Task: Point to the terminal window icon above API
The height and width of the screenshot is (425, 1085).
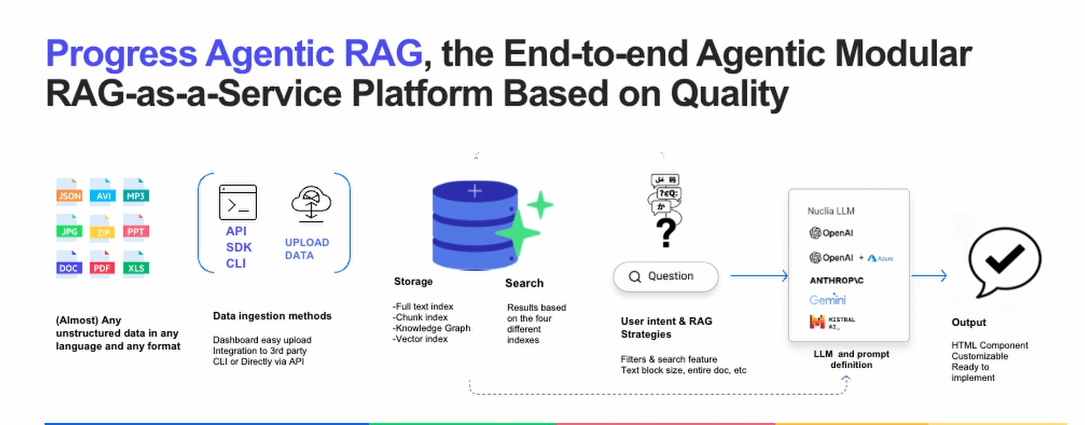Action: (x=238, y=202)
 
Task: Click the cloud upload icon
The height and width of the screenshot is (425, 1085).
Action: (x=311, y=204)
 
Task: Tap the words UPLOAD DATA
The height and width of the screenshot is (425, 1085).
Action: (x=307, y=248)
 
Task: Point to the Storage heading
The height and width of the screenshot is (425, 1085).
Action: (x=413, y=281)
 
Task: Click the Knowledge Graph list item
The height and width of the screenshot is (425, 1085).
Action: (x=432, y=328)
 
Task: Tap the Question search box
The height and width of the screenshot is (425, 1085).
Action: (x=665, y=277)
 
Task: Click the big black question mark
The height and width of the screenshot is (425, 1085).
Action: (x=666, y=233)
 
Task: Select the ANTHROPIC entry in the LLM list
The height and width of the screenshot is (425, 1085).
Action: (x=836, y=281)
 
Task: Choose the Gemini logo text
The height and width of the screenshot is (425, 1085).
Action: (x=827, y=299)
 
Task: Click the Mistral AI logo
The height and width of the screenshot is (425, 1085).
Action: (x=831, y=322)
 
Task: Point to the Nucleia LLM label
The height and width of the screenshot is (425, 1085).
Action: (x=830, y=211)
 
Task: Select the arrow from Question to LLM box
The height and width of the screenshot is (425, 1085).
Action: (x=758, y=275)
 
